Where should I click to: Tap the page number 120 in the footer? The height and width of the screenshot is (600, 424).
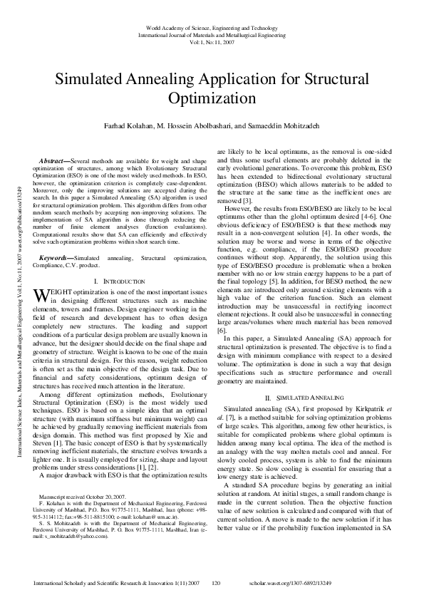coord(218,584)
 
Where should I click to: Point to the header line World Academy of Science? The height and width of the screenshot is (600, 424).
coord(211,26)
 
